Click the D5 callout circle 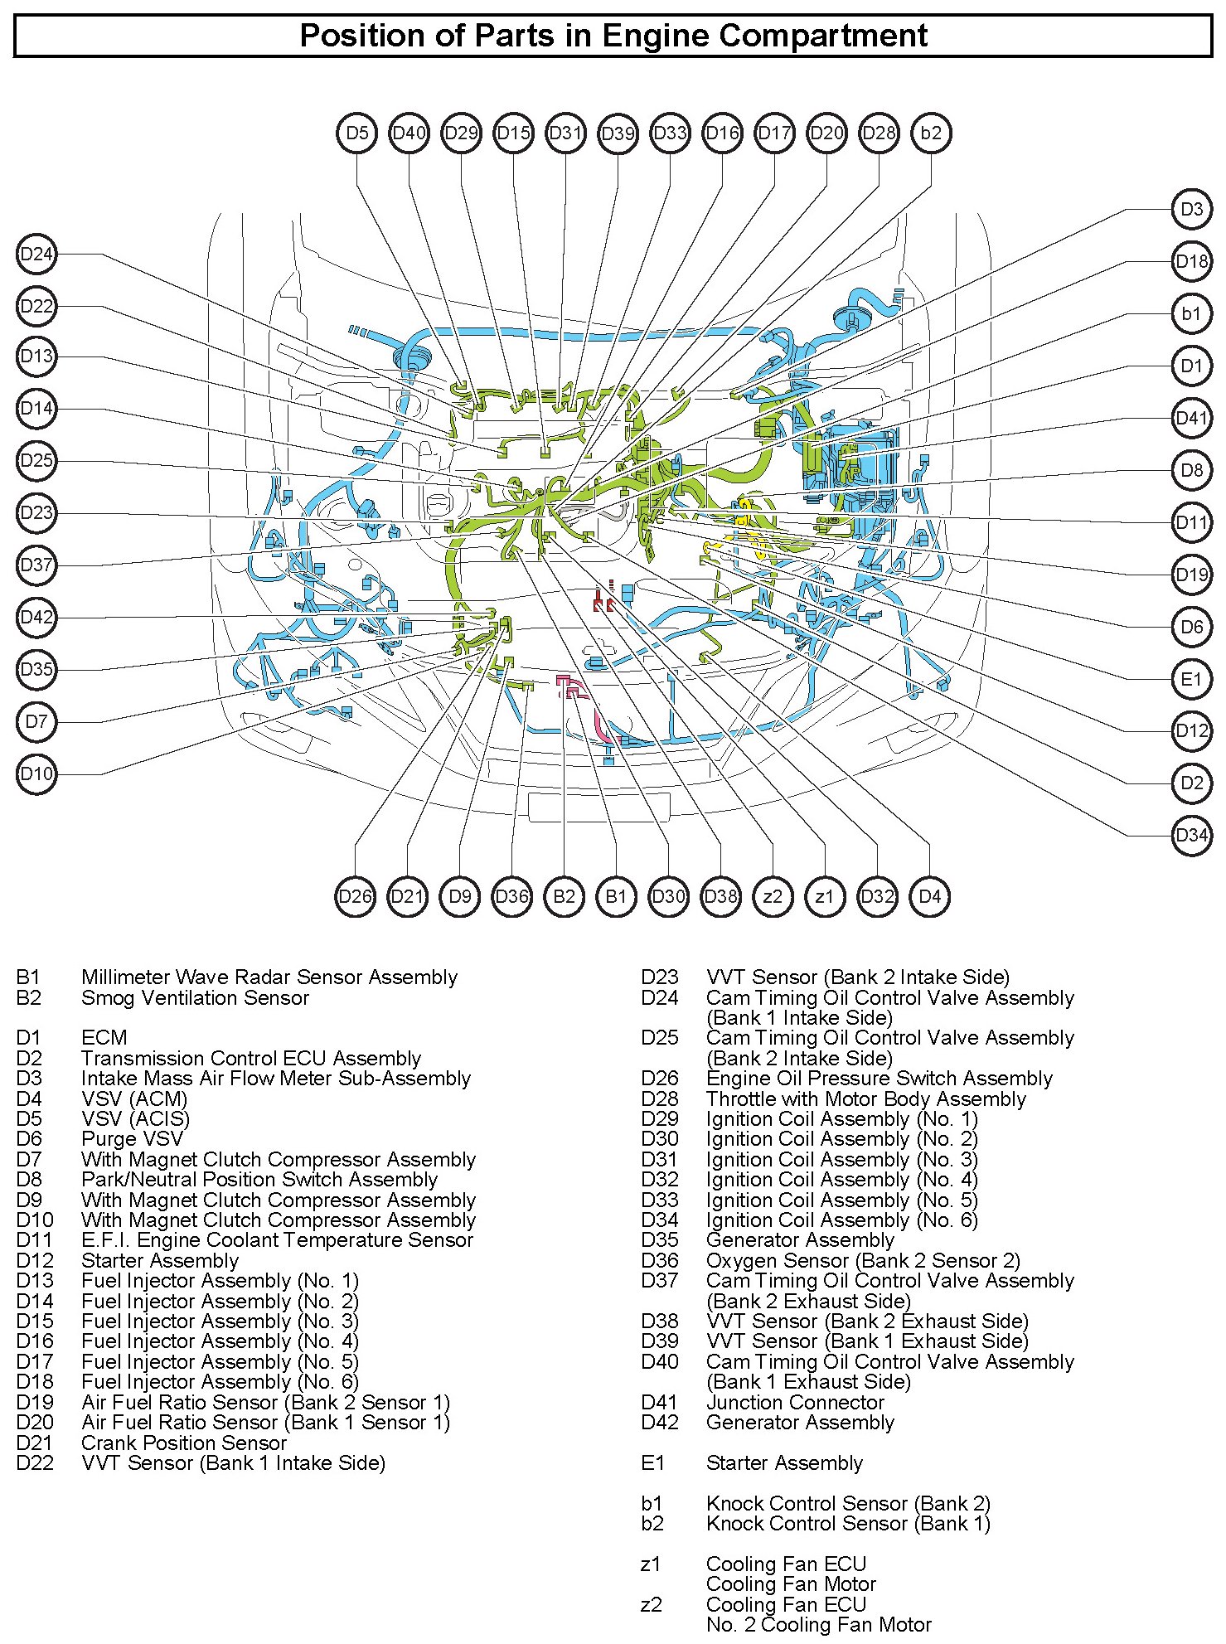(x=357, y=133)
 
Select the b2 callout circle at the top (x=931, y=133)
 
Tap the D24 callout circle (x=36, y=254)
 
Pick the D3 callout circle (x=1191, y=209)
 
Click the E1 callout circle (x=1191, y=679)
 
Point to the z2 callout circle (x=773, y=896)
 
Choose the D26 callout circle (x=356, y=896)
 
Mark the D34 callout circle (x=1191, y=835)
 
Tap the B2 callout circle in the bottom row (x=564, y=896)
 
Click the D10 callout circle (x=36, y=774)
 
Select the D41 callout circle (x=1191, y=418)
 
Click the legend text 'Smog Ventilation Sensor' (x=195, y=998)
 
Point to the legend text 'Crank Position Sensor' (x=184, y=1443)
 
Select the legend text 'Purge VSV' (x=132, y=1139)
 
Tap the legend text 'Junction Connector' (x=795, y=1402)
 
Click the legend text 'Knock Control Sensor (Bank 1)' (x=848, y=1523)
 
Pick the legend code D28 (x=659, y=1099)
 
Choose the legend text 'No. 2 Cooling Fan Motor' (x=818, y=1624)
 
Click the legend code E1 (x=652, y=1463)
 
